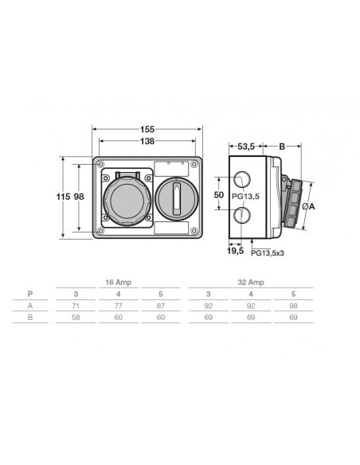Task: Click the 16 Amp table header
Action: pyautogui.click(x=117, y=282)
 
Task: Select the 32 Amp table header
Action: pyautogui.click(x=251, y=282)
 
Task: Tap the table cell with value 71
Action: pyautogui.click(x=74, y=305)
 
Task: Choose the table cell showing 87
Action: pyautogui.click(x=161, y=305)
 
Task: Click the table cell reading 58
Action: pyautogui.click(x=74, y=317)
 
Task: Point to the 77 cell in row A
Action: pyautogui.click(x=117, y=305)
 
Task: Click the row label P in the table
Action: pyautogui.click(x=30, y=293)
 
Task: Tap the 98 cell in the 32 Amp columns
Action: pyautogui.click(x=293, y=305)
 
